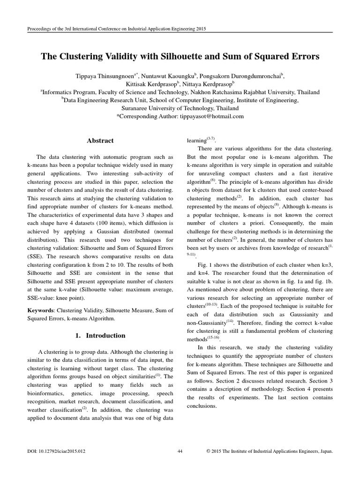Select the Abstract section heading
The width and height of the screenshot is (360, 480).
(x=100, y=140)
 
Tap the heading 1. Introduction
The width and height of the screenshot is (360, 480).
(x=100, y=335)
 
